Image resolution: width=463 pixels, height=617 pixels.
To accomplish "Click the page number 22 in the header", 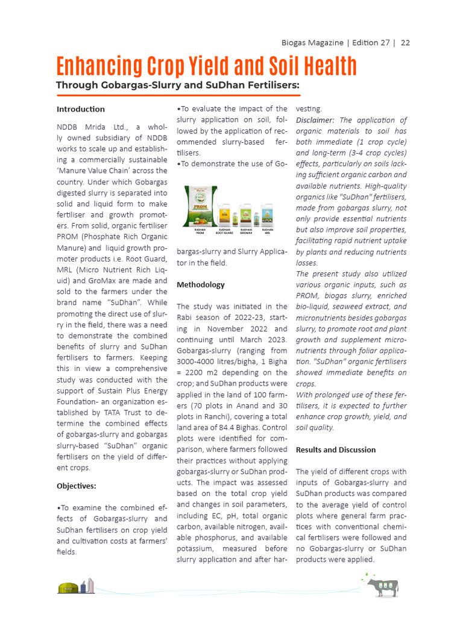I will click(x=406, y=43).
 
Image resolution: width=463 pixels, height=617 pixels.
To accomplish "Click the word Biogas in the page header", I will click(x=295, y=43).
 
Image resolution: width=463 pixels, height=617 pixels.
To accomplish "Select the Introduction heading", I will click(x=80, y=109).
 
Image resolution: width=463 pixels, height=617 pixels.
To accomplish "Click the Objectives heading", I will click(x=76, y=486).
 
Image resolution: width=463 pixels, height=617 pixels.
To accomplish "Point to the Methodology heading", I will click(x=200, y=284).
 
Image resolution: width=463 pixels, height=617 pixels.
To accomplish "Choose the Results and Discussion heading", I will click(x=335, y=449).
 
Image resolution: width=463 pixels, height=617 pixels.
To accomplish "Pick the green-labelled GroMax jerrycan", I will click(x=246, y=215).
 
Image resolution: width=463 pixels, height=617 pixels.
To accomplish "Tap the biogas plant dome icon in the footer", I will click(x=68, y=588).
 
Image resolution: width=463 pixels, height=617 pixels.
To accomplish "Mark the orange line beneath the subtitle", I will click(x=178, y=95).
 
